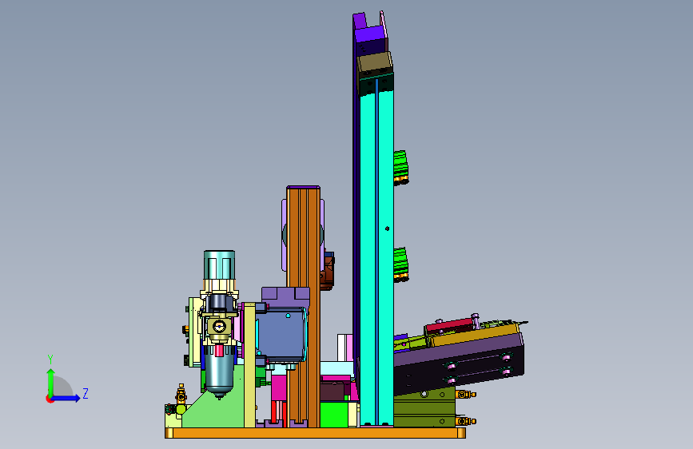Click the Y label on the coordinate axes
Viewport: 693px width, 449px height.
click(50, 360)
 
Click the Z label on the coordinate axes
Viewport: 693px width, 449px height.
click(86, 393)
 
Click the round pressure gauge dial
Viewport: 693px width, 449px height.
click(219, 327)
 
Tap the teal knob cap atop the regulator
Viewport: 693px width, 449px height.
click(219, 264)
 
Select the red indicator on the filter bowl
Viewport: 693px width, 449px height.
click(219, 350)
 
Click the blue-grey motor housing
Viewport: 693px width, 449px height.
click(281, 335)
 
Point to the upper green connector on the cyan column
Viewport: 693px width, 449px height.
click(400, 168)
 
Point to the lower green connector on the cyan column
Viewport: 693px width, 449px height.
click(400, 264)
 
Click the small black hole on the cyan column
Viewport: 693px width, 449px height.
click(387, 228)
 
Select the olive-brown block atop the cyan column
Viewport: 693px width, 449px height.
click(375, 65)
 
